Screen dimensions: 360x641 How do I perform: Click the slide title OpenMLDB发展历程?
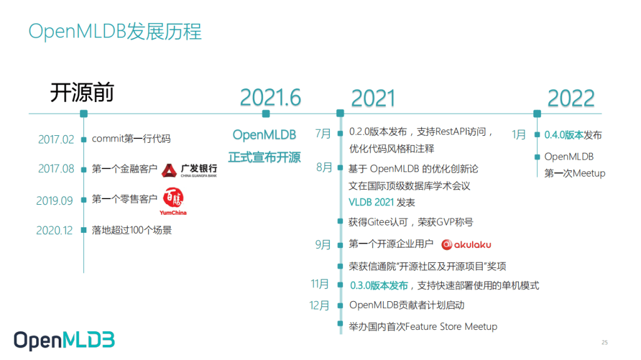[115, 31]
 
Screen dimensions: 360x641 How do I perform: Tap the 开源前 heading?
[81, 93]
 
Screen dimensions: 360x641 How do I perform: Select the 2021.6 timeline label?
[270, 98]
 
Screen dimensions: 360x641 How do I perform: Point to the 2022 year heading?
[570, 98]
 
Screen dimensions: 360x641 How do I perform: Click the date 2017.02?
[56, 139]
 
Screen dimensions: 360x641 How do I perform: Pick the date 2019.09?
[54, 200]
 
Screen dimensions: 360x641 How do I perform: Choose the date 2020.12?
[54, 230]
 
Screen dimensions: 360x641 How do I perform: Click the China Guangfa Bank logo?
[189, 170]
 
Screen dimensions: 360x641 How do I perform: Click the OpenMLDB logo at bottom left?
[64, 340]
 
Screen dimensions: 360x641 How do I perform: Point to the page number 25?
[604, 342]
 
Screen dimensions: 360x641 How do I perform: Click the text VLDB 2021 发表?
[382, 202]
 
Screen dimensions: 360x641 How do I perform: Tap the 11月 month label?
[320, 284]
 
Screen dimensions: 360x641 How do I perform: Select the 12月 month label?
[319, 306]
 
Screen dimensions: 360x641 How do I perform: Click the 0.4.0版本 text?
[563, 135]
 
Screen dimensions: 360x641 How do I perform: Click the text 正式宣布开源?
[264, 157]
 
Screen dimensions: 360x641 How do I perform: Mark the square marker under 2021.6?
[266, 114]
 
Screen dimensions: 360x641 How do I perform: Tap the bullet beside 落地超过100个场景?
[84, 230]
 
